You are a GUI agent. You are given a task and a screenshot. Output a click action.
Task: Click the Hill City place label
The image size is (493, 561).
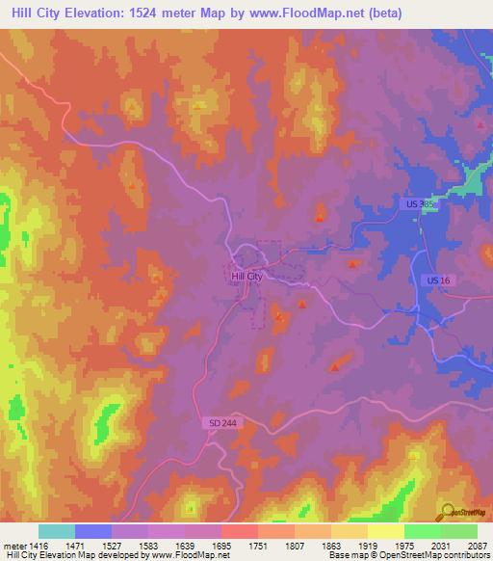pyautogui.click(x=246, y=277)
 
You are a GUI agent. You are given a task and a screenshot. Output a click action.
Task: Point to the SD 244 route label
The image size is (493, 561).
pyautogui.click(x=221, y=423)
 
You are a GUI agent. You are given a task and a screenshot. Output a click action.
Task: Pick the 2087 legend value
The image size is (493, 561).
pyautogui.click(x=477, y=546)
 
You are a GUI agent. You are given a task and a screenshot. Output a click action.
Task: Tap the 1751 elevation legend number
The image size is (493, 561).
pyautogui.click(x=256, y=546)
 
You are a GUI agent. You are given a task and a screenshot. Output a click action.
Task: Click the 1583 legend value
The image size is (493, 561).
pyautogui.click(x=146, y=546)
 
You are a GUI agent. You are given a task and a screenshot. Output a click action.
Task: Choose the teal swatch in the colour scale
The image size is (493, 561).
pyautogui.click(x=56, y=531)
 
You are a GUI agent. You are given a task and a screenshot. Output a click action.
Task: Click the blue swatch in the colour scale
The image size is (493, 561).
pyautogui.click(x=92, y=531)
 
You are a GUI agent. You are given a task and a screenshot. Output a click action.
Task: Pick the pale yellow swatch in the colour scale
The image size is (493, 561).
pyautogui.click(x=385, y=531)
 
